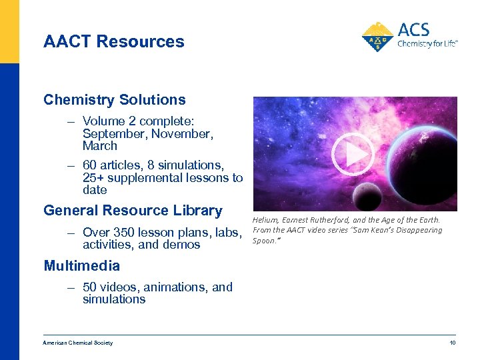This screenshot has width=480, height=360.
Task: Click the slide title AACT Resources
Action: pos(114,41)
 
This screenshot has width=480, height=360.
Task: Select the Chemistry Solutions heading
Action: pos(115,100)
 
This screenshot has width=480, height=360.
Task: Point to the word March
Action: pos(100,145)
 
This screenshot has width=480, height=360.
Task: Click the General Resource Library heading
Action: pos(133,211)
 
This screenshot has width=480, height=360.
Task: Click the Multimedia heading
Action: pos(82,266)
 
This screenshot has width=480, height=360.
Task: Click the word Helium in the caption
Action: pos(265,220)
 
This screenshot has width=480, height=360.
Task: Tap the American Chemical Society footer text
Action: pos(78,343)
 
